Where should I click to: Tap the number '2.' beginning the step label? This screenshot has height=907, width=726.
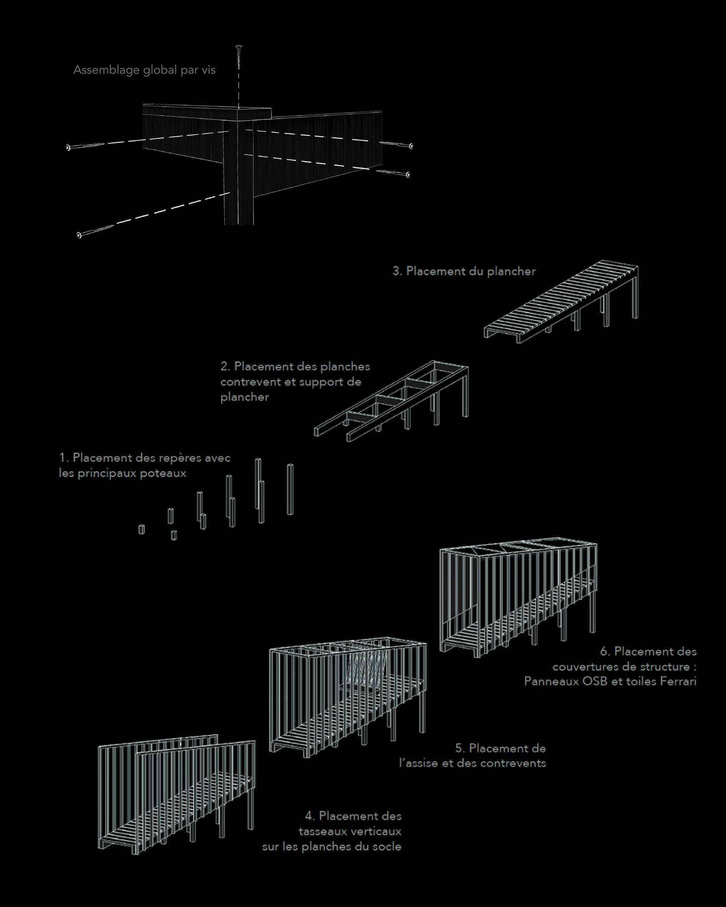pos(226,367)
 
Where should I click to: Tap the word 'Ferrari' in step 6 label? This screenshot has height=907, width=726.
pos(678,681)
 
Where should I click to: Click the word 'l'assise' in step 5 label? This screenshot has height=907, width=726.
pos(418,763)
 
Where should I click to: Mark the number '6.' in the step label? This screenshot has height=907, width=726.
pos(605,652)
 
